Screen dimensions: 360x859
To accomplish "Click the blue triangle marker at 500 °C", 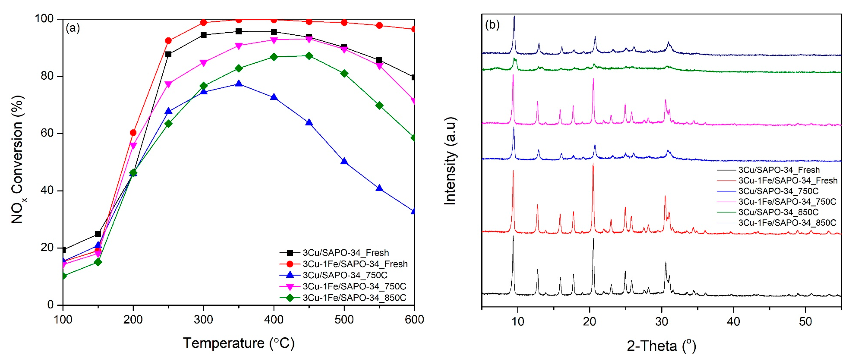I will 344,162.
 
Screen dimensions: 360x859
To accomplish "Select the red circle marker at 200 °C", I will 133,133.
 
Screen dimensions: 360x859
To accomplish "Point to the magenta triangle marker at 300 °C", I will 203,63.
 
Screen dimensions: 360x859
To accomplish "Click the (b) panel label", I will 492,25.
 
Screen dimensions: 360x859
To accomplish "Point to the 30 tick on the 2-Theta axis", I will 662,321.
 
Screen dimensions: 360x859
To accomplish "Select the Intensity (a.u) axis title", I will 450,161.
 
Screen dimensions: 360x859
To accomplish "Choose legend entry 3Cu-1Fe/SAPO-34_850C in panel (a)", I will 354,298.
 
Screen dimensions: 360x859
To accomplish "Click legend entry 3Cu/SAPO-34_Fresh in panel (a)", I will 346,253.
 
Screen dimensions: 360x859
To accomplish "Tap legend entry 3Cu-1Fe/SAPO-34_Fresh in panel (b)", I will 788,180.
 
